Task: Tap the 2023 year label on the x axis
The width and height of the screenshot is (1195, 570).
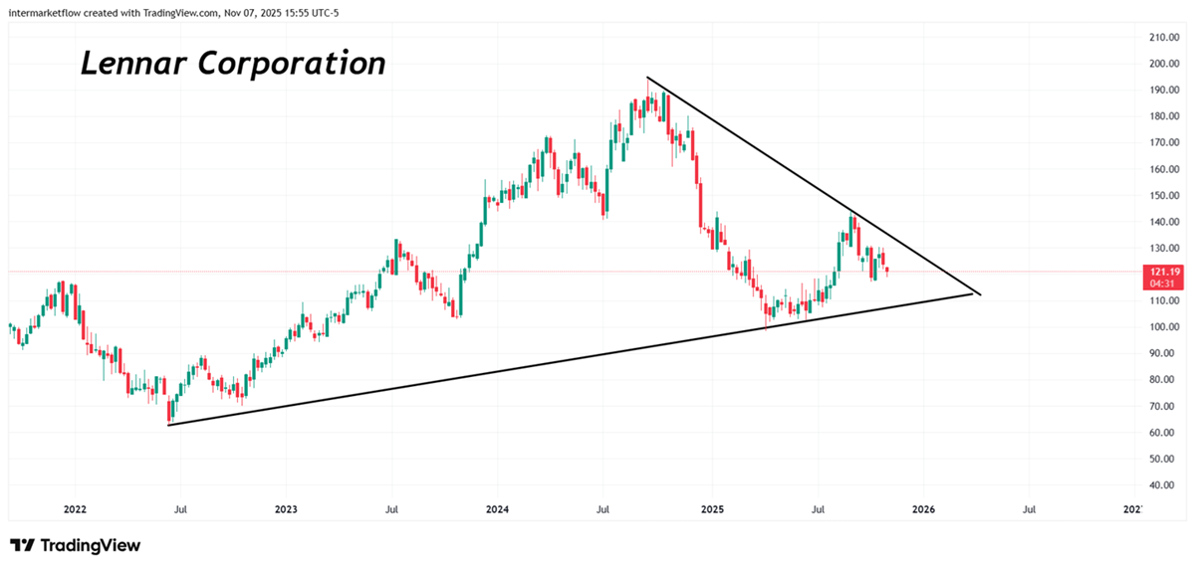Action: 286,509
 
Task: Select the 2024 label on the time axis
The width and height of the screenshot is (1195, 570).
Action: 498,509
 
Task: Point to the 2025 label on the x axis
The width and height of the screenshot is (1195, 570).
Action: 711,509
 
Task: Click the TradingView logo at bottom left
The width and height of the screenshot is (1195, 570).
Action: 76,545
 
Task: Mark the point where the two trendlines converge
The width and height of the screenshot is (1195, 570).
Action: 981,294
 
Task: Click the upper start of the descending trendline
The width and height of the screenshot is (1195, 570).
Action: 647,78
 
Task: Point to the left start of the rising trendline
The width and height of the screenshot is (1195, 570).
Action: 169,425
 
